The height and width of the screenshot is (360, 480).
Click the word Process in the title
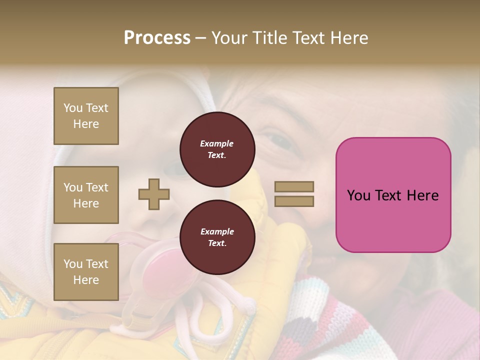point(157,38)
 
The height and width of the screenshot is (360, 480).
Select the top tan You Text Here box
point(86,116)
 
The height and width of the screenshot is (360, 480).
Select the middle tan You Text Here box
point(86,195)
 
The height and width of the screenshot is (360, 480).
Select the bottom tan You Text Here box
point(86,271)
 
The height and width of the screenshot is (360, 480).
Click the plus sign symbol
point(154,194)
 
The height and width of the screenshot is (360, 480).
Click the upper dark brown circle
point(217,149)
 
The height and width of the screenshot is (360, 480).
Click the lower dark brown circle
point(217,237)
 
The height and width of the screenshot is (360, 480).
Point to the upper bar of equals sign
point(294,186)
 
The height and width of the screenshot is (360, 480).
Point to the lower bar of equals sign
point(294,201)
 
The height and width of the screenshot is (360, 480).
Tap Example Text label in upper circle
point(217,149)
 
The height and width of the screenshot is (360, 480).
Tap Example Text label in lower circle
point(217,237)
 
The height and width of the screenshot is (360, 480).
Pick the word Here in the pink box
point(422,195)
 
